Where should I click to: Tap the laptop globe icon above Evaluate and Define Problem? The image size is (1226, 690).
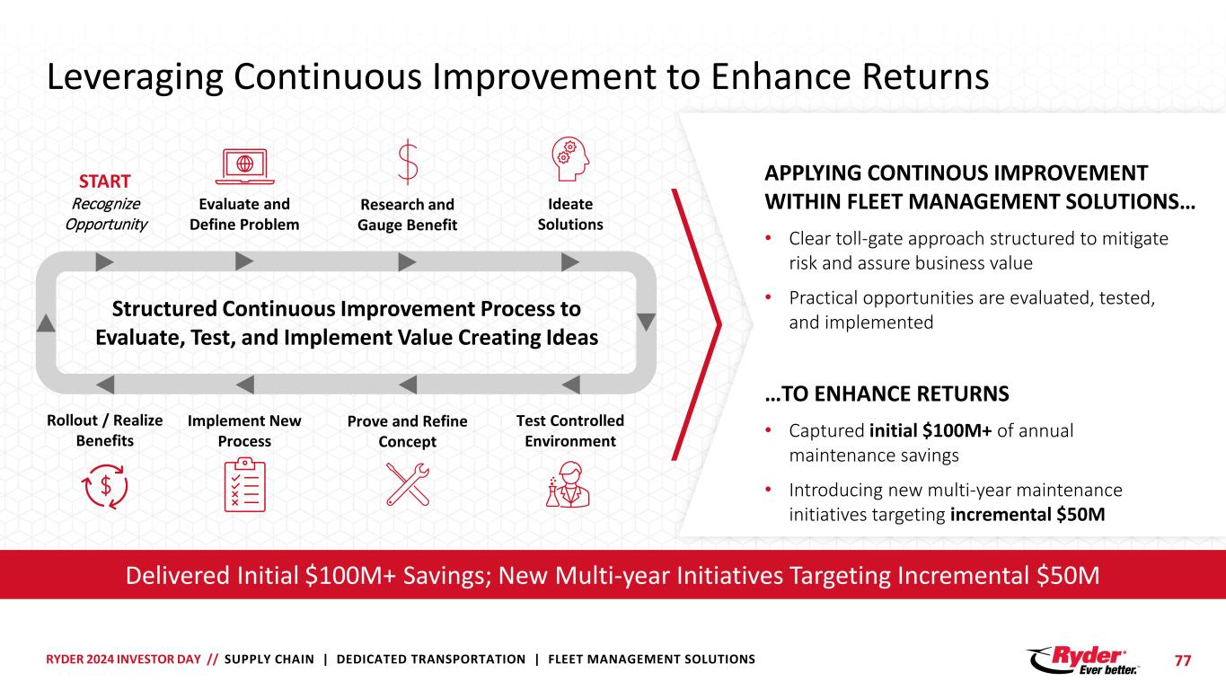[244, 164]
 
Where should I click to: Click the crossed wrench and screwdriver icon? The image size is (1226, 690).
[407, 484]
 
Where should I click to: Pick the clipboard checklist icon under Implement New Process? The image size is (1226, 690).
[243, 484]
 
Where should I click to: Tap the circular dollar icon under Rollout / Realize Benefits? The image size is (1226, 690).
[105, 484]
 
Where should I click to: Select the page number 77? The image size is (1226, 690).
[1183, 660]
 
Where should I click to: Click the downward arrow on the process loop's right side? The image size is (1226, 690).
[645, 322]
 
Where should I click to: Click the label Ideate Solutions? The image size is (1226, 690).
[570, 214]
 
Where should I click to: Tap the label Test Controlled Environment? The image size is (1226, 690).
[570, 430]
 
